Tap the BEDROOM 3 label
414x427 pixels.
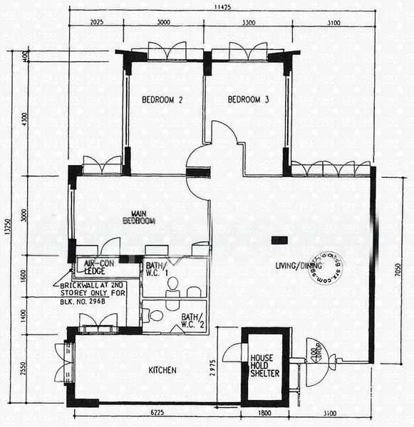coord(248,100)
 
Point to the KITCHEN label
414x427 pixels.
coord(162,371)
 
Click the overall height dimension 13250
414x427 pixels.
coord(8,231)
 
